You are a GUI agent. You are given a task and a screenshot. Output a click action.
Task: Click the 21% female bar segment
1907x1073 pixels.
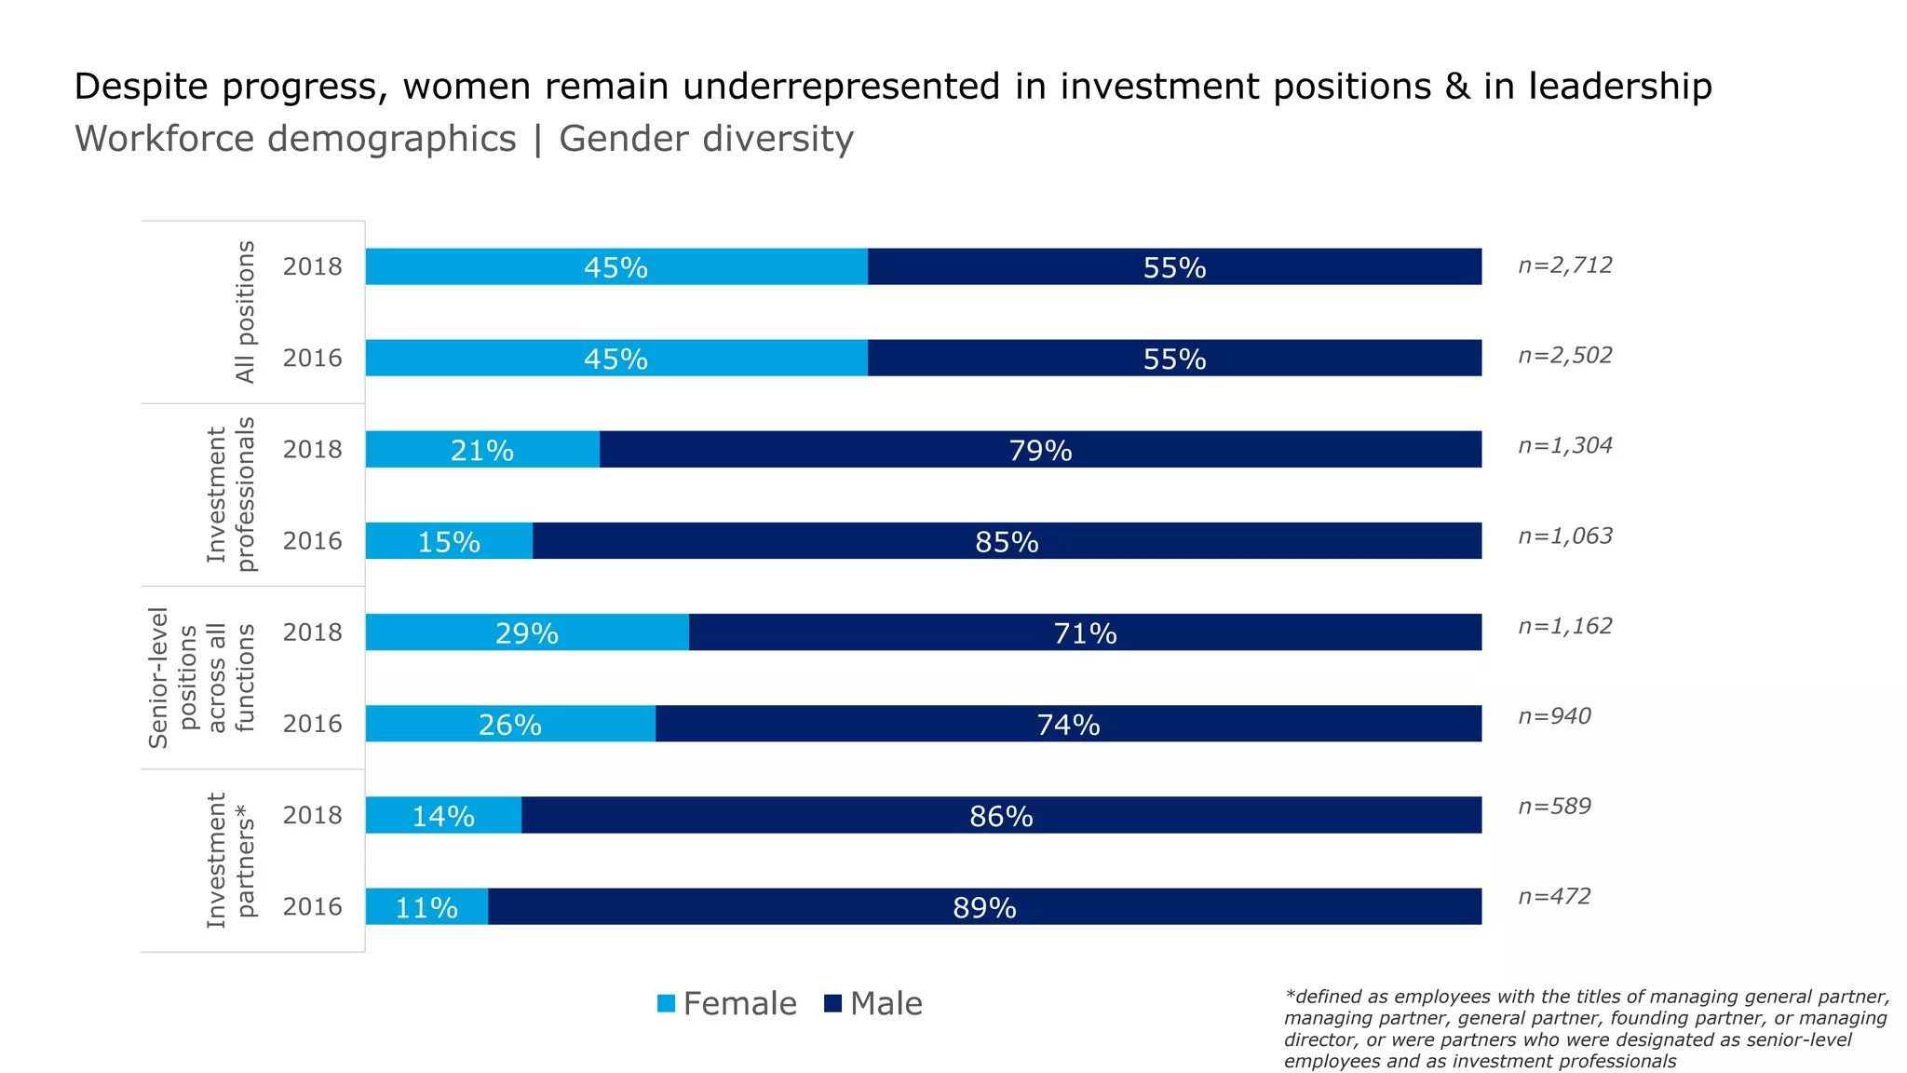pos(482,450)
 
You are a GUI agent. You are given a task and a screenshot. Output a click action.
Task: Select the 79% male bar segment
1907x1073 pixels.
pos(1040,450)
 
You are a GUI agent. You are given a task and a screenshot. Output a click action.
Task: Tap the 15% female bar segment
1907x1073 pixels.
pos(449,541)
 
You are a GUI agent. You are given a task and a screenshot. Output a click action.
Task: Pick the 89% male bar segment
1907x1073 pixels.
pos(984,907)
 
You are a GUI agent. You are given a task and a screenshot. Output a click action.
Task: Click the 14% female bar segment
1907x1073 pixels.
pos(443,816)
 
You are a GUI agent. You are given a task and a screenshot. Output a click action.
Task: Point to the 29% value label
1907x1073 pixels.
pos(527,633)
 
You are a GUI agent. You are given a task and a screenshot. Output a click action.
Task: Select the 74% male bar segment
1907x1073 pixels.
pos(1068,725)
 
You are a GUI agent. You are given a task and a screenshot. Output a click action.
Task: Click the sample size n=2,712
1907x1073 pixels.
pos(1565,265)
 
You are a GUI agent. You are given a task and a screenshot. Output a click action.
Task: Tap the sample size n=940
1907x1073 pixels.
pos(1554,716)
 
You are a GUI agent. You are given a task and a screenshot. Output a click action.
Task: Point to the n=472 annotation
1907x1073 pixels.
pos(1554,896)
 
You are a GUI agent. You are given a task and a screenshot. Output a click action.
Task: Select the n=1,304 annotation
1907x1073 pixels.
pos(1565,445)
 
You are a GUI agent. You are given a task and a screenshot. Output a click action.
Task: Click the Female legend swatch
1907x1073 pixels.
pos(666,1004)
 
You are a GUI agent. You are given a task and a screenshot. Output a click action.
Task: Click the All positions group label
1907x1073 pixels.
pos(245,312)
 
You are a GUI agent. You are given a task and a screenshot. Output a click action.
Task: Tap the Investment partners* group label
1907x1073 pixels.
pos(230,861)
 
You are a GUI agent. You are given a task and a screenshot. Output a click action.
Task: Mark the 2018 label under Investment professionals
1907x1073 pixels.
pos(313,450)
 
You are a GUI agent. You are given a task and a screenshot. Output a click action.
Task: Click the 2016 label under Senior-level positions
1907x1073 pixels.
pos(313,725)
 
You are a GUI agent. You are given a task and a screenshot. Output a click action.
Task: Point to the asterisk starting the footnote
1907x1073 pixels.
pos(1290,995)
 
